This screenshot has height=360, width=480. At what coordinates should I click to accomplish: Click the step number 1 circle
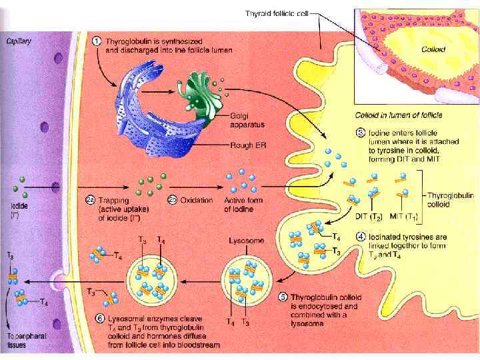point(97,39)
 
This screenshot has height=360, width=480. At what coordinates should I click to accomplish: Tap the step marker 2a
point(91,199)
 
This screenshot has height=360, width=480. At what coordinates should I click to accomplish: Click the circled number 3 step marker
point(361,133)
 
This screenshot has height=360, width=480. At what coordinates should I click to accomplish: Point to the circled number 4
point(361,236)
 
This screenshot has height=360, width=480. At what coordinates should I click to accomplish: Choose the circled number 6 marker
point(100,319)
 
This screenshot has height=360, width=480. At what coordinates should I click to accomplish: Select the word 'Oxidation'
point(195,200)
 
